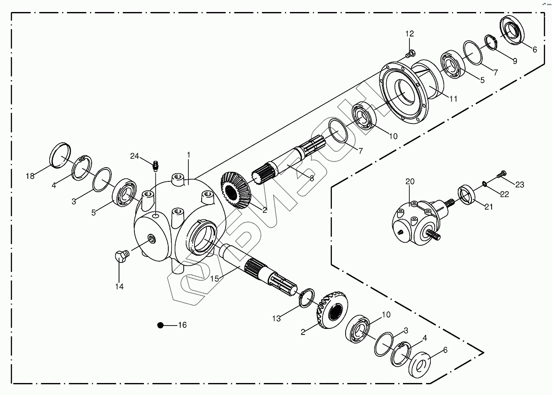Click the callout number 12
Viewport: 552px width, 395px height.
point(410,33)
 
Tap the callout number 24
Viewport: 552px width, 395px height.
point(135,156)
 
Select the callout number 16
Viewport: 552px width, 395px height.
point(182,325)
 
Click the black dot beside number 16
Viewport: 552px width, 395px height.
point(161,326)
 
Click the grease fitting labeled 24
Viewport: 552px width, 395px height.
point(156,164)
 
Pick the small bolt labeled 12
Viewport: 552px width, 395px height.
point(409,54)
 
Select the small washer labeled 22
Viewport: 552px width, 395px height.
point(484,184)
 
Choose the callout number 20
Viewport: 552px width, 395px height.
point(410,182)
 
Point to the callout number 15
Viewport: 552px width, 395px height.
point(215,278)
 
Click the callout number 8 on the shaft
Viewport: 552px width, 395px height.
point(311,178)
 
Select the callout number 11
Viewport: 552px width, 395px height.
point(453,99)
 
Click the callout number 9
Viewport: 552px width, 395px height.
point(515,61)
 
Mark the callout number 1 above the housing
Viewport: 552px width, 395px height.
point(188,154)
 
